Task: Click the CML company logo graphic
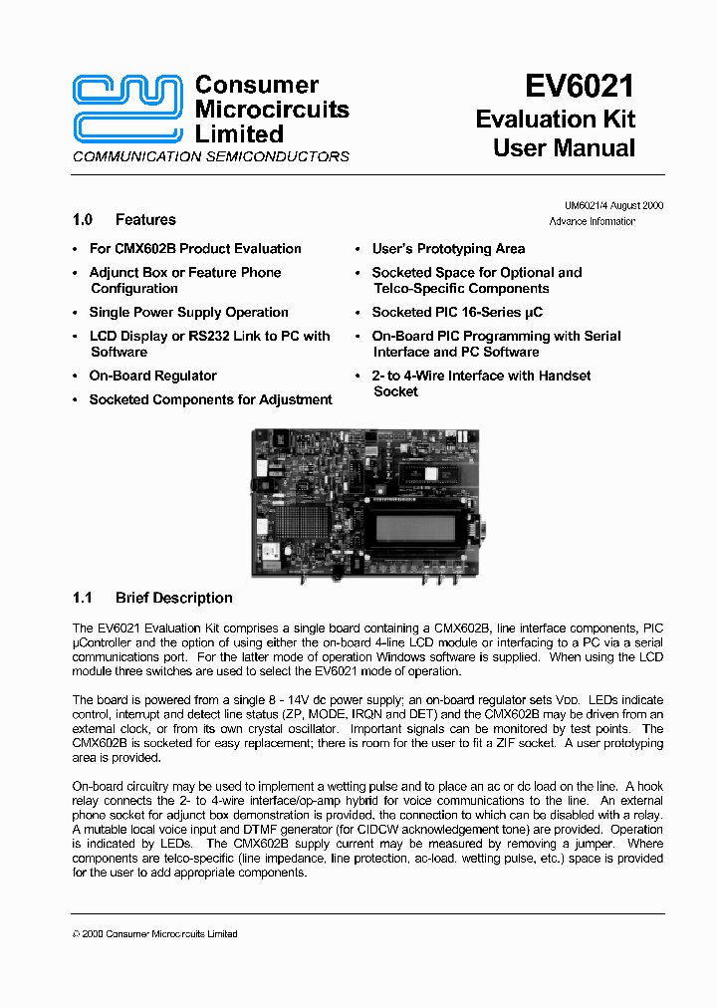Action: [x=128, y=109]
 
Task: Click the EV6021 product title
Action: [x=579, y=87]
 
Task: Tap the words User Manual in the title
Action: [x=564, y=148]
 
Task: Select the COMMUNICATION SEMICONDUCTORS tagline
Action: [x=211, y=156]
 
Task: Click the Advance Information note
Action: [x=592, y=221]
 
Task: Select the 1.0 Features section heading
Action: [x=124, y=220]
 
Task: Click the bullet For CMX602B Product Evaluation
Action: [x=195, y=249]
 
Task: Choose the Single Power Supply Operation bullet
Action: [x=189, y=313]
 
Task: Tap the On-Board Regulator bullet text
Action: [x=152, y=377]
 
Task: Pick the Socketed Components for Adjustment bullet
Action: [x=210, y=400]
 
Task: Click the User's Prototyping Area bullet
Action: [x=448, y=249]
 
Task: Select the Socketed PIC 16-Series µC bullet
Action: [x=457, y=313]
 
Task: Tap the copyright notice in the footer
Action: [x=155, y=933]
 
